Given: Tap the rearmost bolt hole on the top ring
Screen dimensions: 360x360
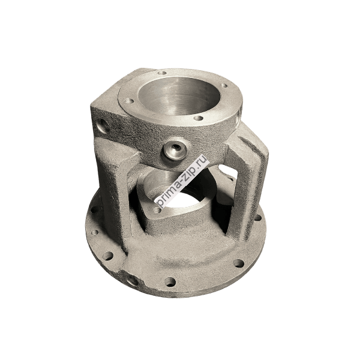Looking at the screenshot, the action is (x=163, y=73).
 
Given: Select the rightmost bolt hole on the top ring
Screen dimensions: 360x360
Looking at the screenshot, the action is (x=225, y=86).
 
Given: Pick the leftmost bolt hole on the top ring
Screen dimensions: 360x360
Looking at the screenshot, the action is (x=129, y=101).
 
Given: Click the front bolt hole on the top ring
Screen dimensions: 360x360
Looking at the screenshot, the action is (x=199, y=118).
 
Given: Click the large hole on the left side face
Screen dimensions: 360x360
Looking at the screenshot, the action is (x=101, y=125).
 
